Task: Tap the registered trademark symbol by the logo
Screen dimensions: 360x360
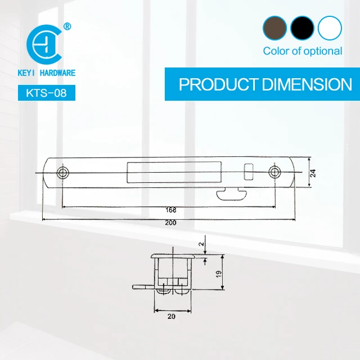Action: [x=67, y=26]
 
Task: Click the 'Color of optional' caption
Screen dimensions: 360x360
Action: [x=302, y=51]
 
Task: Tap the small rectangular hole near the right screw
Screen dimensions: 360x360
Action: [x=248, y=169]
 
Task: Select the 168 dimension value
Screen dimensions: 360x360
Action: [x=171, y=210]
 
